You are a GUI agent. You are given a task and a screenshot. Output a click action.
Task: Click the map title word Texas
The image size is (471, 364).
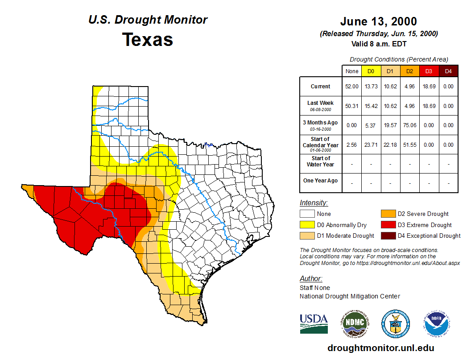tap(148, 40)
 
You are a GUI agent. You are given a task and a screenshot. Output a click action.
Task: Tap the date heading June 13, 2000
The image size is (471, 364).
tap(378, 21)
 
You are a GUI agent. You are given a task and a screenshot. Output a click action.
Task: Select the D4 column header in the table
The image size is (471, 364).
tap(448, 71)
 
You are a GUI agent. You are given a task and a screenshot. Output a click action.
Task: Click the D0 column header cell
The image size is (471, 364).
tap(371, 71)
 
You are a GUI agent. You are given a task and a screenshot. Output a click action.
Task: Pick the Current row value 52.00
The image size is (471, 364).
tap(351, 87)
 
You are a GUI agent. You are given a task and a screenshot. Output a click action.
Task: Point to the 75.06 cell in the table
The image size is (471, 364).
tap(409, 125)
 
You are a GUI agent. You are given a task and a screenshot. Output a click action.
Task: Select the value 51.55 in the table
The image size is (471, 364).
tap(409, 145)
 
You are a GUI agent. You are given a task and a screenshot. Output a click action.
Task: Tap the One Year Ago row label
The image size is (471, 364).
tap(321, 181)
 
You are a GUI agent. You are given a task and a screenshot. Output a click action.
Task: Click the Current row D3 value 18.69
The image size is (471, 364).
tap(429, 87)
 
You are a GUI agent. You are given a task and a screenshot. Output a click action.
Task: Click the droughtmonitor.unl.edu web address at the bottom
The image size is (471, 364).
tap(380, 348)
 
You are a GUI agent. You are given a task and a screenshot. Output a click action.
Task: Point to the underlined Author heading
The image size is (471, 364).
tap(311, 279)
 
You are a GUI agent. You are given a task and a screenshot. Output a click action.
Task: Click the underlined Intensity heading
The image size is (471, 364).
tap(314, 203)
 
